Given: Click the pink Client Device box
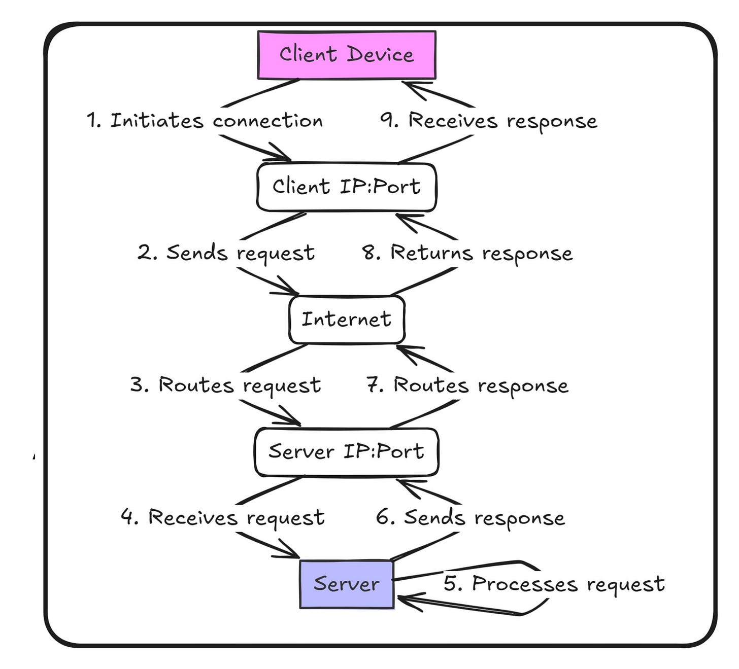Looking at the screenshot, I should tap(347, 55).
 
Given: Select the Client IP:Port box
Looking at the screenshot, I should tap(347, 187).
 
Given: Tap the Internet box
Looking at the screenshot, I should tap(347, 320).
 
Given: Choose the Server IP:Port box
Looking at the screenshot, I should tap(347, 452).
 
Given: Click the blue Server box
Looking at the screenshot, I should tap(347, 584).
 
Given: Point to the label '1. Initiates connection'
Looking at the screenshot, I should tap(205, 121).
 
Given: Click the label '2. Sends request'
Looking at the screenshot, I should tap(226, 253).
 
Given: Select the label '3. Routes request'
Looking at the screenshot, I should tap(225, 385).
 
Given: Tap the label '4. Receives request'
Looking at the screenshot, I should tap(223, 517).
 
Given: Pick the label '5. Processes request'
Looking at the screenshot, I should tap(554, 584).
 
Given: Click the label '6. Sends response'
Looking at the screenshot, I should tap(470, 517).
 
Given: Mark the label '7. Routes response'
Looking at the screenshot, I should tap(467, 385).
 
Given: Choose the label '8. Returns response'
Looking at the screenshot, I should tap(467, 253).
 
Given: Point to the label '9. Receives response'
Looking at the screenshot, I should tap(489, 121).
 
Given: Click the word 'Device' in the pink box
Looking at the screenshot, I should tap(381, 54).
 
